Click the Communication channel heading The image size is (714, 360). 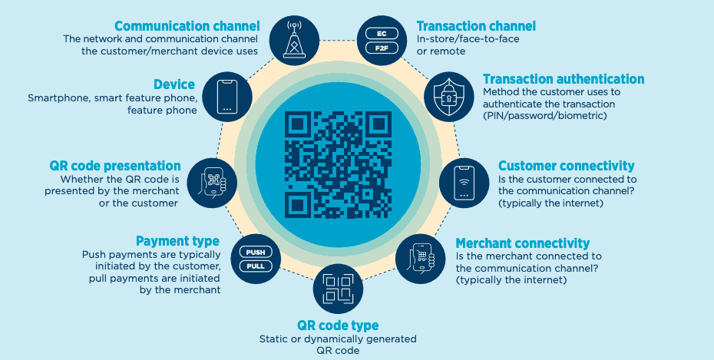(x=187, y=26)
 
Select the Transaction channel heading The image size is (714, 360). (x=476, y=26)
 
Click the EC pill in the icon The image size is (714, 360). (x=382, y=34)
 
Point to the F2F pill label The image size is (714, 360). (x=382, y=48)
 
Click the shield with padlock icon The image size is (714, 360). (x=449, y=97)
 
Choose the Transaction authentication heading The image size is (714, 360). (x=564, y=79)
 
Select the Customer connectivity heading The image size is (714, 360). (x=567, y=166)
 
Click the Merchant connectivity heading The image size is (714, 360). (x=523, y=243)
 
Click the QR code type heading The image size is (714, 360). (x=338, y=325)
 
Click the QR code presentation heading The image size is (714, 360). (x=115, y=166)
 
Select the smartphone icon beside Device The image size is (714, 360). (x=226, y=97)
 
